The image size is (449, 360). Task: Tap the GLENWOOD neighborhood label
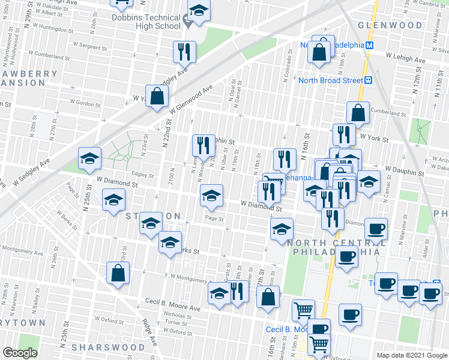click(x=390, y=26)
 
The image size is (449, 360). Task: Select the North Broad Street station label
click(x=331, y=80)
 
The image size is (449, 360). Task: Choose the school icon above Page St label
click(x=211, y=195)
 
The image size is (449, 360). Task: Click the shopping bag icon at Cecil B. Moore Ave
click(x=268, y=297)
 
